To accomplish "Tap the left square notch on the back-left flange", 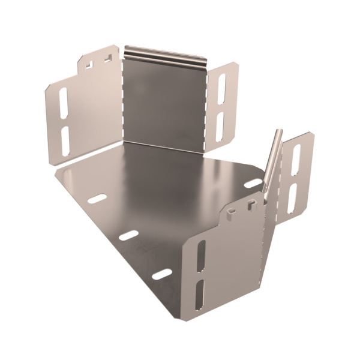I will click(x=89, y=62).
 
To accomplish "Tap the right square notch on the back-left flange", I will click(x=107, y=59).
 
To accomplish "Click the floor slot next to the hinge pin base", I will click(x=254, y=182).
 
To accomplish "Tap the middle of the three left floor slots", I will click(x=128, y=235).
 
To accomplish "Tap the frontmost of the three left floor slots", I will click(x=161, y=275).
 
